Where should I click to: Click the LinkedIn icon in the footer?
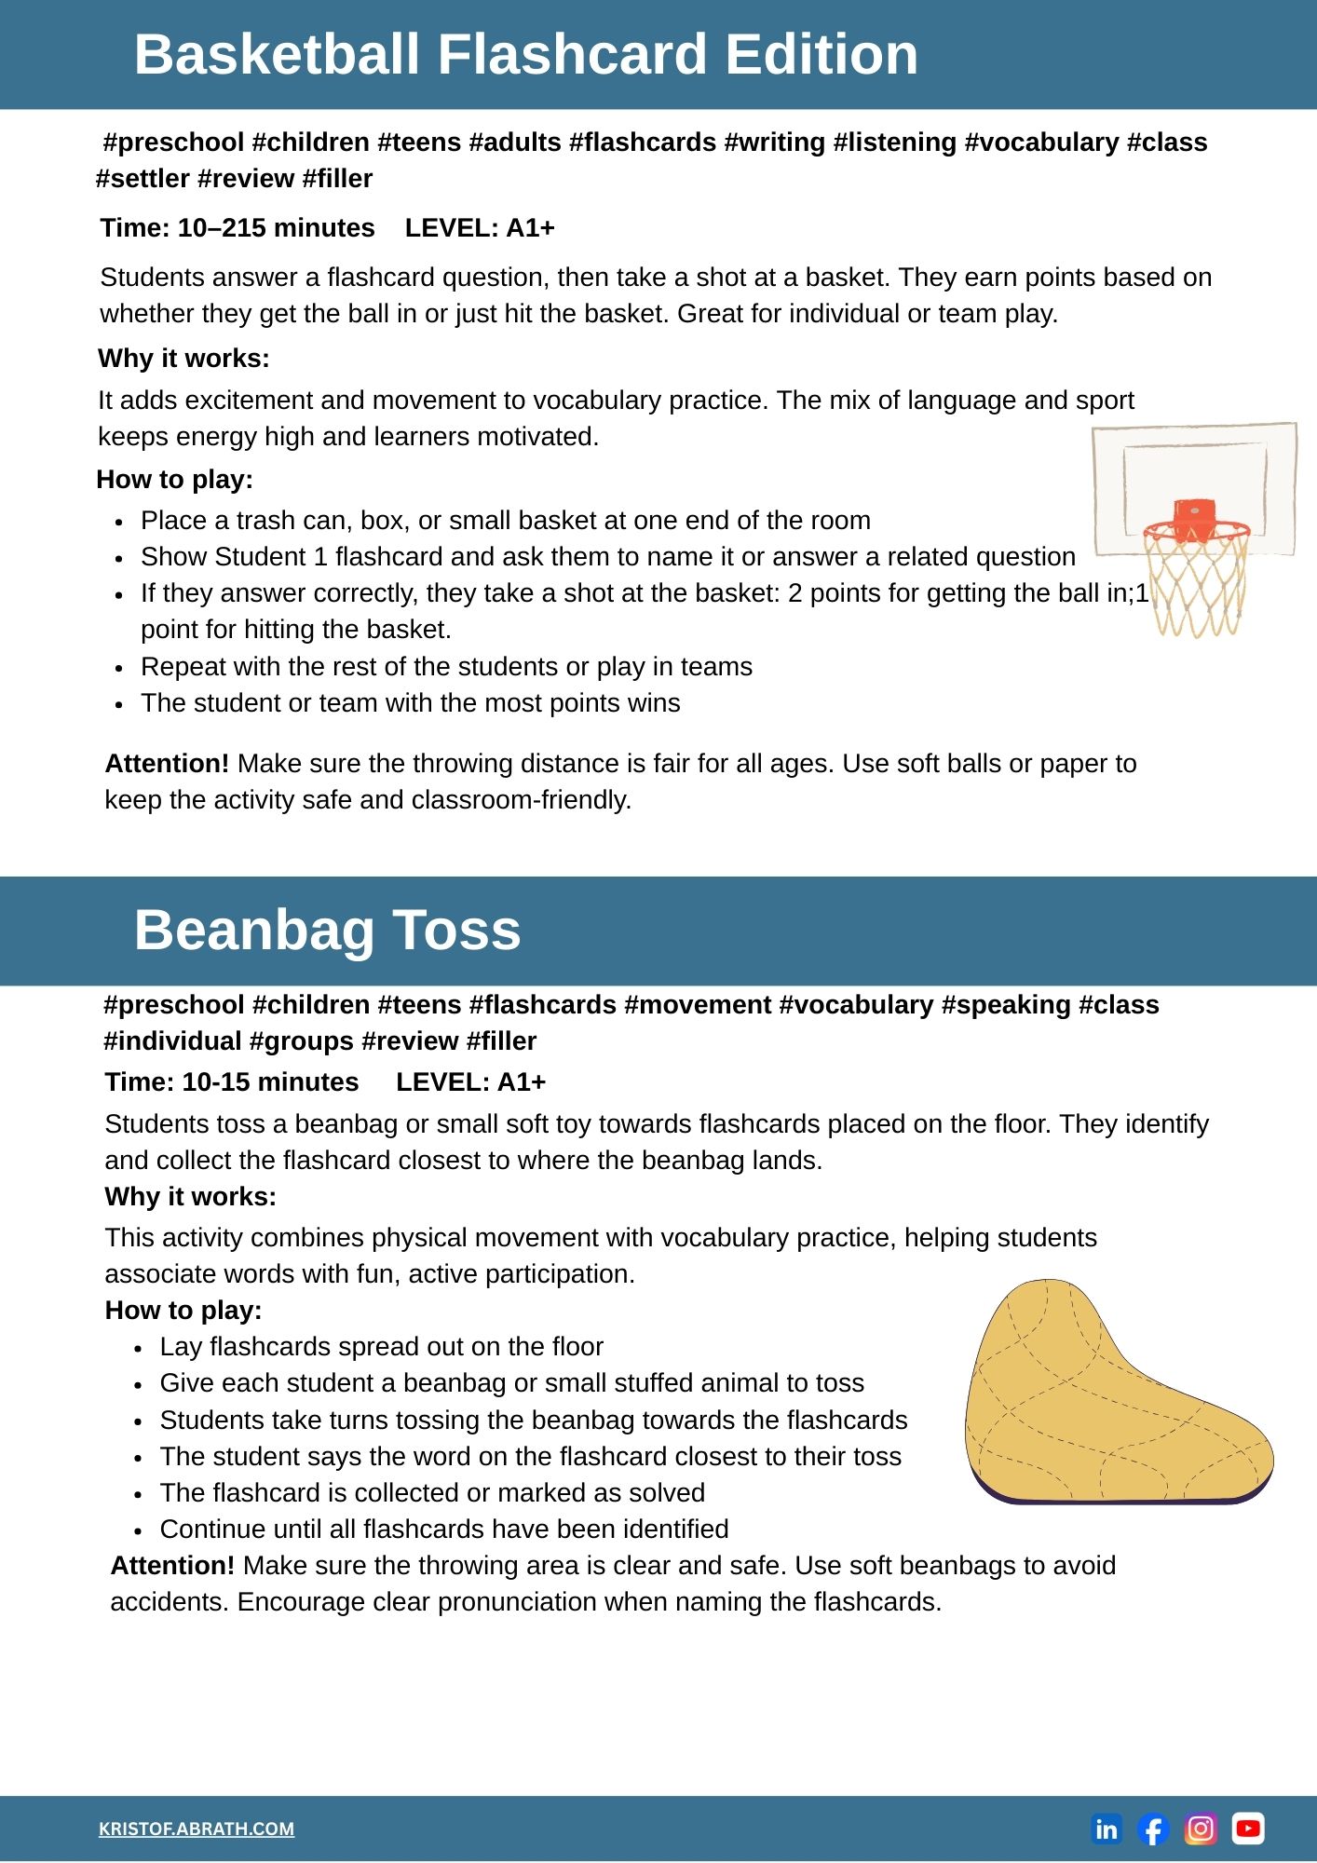point(1107,1829)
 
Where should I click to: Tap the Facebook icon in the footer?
point(1153,1829)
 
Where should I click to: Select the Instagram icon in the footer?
point(1201,1829)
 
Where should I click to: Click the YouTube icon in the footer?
point(1248,1829)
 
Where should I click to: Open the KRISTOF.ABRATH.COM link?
point(197,1829)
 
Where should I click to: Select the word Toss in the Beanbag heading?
point(456,930)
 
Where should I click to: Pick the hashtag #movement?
point(698,1004)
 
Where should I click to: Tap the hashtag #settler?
point(143,178)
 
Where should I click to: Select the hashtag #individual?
point(172,1040)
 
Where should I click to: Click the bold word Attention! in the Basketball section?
point(167,763)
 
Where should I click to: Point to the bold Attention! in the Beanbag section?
point(172,1565)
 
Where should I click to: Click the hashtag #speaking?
point(1006,1004)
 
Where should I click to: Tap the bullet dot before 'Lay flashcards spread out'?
point(138,1348)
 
